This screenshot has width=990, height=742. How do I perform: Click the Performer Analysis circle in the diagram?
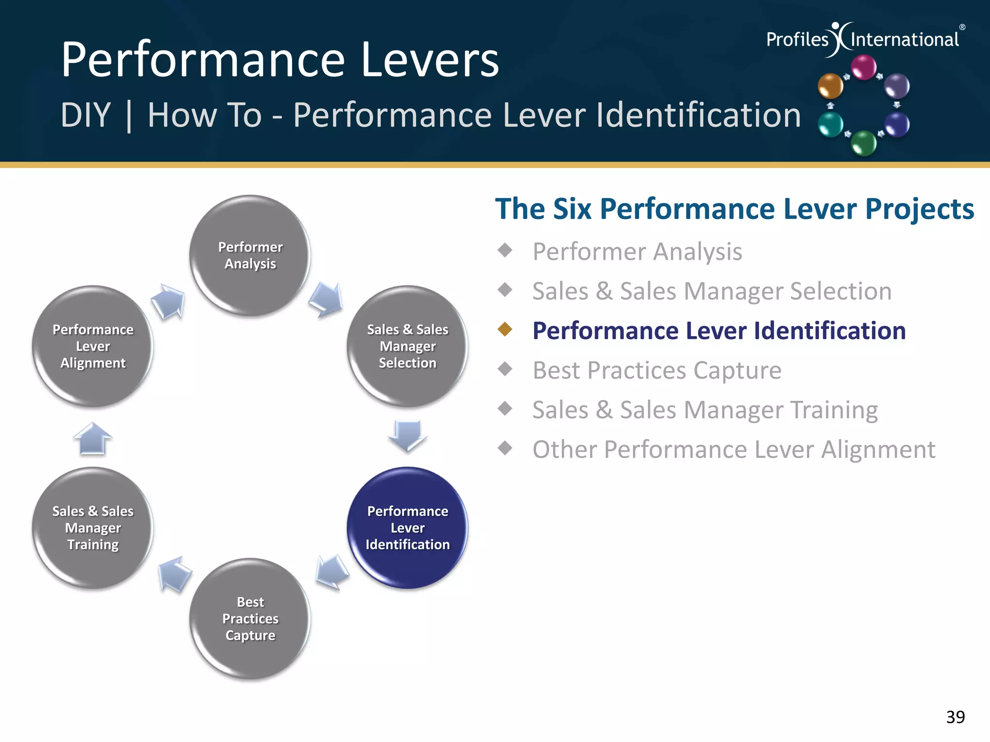pyautogui.click(x=250, y=256)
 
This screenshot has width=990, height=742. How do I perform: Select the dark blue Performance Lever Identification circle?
pyautogui.click(x=408, y=528)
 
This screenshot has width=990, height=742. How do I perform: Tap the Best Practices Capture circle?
pyautogui.click(x=250, y=618)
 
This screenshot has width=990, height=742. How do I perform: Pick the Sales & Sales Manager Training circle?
pyautogui.click(x=93, y=528)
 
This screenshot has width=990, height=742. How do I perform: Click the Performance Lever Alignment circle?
pyautogui.click(x=93, y=346)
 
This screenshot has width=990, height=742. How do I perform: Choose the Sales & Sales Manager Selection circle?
pyautogui.click(x=408, y=346)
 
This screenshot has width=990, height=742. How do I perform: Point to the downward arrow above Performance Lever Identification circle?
pyautogui.click(x=408, y=434)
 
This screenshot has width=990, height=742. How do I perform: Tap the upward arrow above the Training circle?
pyautogui.click(x=93, y=439)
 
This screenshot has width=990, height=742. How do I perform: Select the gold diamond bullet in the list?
pyautogui.click(x=505, y=329)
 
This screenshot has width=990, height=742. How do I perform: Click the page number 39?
pyautogui.click(x=955, y=717)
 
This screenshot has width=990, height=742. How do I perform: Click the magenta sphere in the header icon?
pyautogui.click(x=863, y=67)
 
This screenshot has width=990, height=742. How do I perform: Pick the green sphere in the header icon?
pyautogui.click(x=863, y=143)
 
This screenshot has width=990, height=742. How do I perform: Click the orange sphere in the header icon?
pyautogui.click(x=830, y=86)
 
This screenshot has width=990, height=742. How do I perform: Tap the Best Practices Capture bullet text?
pyautogui.click(x=656, y=371)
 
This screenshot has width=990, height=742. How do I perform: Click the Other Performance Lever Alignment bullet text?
pyautogui.click(x=733, y=450)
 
